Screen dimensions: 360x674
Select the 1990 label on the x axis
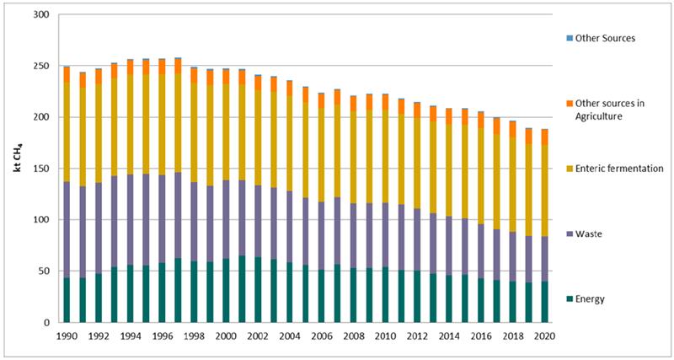66,336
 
